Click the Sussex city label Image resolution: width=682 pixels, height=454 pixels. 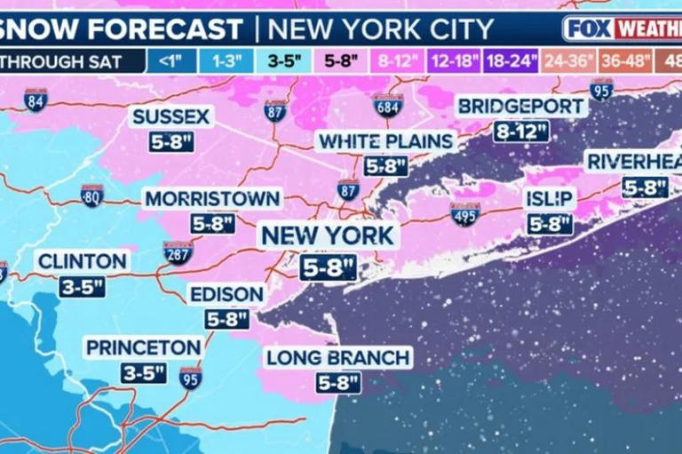(171, 116)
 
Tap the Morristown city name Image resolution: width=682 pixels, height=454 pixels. (212, 199)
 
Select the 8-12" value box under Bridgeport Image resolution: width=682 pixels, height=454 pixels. (522, 131)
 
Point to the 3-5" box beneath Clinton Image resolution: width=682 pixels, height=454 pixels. (82, 287)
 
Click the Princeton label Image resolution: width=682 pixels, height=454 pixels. (142, 347)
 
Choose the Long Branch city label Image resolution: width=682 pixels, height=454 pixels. (338, 358)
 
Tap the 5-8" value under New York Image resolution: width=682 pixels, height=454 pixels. (328, 267)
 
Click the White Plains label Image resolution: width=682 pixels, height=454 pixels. (386, 141)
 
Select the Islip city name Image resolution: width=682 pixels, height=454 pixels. (551, 198)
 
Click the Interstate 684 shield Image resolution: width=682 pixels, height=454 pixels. (388, 106)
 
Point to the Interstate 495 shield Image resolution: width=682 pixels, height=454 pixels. (464, 214)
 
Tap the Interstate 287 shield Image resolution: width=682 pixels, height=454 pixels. (178, 253)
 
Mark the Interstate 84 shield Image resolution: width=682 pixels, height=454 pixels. (36, 100)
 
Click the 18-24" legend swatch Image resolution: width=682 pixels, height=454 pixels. (511, 61)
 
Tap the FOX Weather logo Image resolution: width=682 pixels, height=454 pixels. (622, 28)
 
